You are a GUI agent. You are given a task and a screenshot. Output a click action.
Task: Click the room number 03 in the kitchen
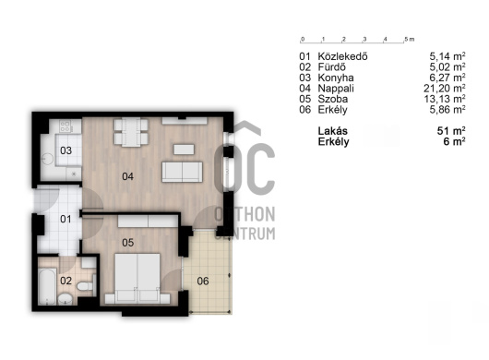[66, 150]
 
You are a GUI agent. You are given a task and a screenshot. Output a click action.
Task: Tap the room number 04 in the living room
[128, 176]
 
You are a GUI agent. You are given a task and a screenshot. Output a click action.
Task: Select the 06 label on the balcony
[203, 281]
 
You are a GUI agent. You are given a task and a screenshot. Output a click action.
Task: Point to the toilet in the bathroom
[85, 286]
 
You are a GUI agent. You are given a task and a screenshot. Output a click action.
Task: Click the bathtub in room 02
[47, 286]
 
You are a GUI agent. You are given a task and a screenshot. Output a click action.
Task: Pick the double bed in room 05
[137, 279]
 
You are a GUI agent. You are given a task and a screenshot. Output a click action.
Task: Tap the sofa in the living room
[182, 172]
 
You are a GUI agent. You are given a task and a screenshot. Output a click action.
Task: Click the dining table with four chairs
[131, 132]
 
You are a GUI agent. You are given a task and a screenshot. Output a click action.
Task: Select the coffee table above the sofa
[184, 150]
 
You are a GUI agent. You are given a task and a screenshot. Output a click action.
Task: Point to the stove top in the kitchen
[66, 126]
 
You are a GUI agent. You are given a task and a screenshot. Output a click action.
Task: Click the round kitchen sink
[47, 159]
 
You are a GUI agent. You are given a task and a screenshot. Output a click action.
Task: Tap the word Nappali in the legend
[336, 89]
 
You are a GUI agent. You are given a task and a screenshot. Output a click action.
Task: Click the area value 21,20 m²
[445, 89]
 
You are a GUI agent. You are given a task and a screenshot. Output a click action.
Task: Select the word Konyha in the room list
[336, 78]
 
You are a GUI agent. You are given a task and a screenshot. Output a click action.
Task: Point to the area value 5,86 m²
[447, 110]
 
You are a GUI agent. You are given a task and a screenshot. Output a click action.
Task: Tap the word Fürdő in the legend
[332, 67]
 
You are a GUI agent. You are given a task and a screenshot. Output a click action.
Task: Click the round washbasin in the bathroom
[66, 299]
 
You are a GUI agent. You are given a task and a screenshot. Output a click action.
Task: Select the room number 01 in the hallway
[66, 219]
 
